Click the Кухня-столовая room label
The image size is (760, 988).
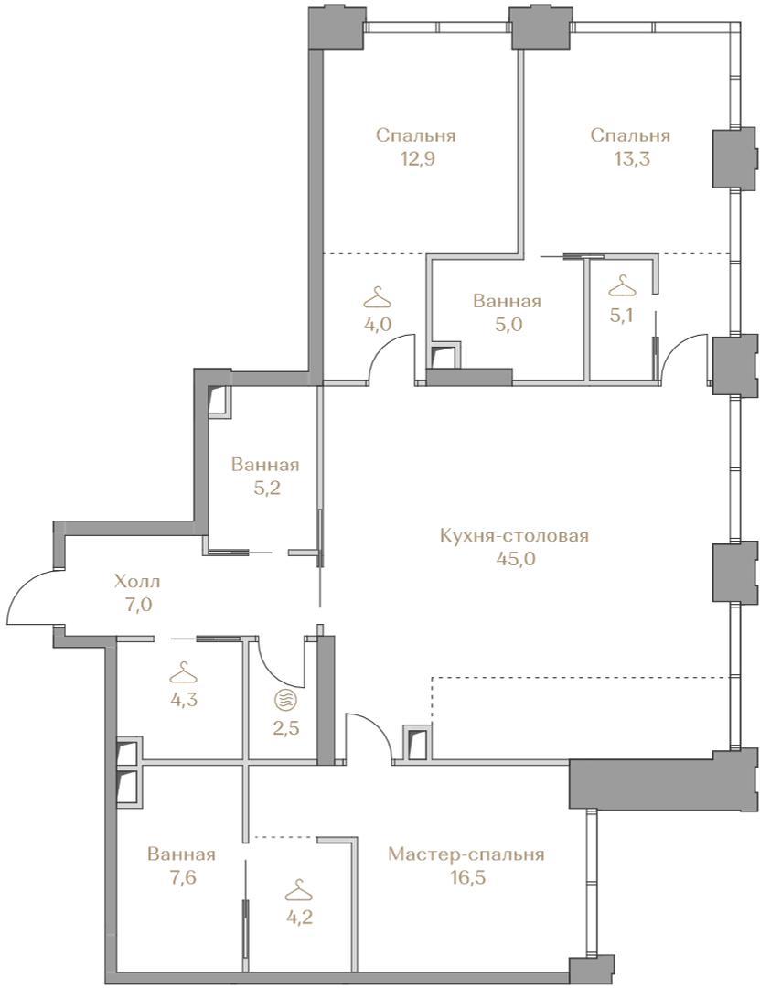pyautogui.click(x=514, y=535)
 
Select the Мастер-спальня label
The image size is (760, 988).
pyautogui.click(x=466, y=854)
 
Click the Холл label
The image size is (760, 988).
pyautogui.click(x=137, y=581)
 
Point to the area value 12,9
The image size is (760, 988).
pyautogui.click(x=416, y=158)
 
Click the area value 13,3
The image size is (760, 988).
pyautogui.click(x=631, y=158)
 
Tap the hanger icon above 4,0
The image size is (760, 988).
pyautogui.click(x=378, y=295)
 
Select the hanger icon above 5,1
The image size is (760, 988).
pyautogui.click(x=622, y=285)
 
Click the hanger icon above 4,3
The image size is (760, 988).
pyautogui.click(x=184, y=672)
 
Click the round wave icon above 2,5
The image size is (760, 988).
pyautogui.click(x=284, y=699)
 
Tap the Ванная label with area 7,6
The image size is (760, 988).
pyautogui.click(x=181, y=854)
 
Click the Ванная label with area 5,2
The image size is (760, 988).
pyautogui.click(x=264, y=465)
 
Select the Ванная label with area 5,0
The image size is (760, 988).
pyautogui.click(x=507, y=301)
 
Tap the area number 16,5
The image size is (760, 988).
pyautogui.click(x=466, y=877)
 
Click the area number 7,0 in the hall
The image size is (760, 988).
pyautogui.click(x=139, y=605)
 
